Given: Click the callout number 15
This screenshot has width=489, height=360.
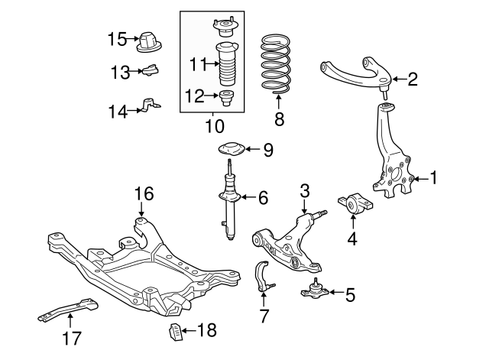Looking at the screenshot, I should [x=116, y=38].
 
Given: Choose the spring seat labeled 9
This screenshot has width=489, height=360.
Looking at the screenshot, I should [x=230, y=150].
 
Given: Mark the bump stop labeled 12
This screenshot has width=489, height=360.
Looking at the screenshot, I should [x=227, y=98].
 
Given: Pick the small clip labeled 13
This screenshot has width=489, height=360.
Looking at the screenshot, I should [x=151, y=72].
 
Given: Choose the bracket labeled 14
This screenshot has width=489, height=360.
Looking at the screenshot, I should [x=151, y=105].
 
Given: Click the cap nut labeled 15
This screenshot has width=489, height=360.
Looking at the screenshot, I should [x=148, y=41].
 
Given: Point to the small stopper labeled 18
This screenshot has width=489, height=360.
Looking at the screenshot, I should [x=174, y=332].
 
